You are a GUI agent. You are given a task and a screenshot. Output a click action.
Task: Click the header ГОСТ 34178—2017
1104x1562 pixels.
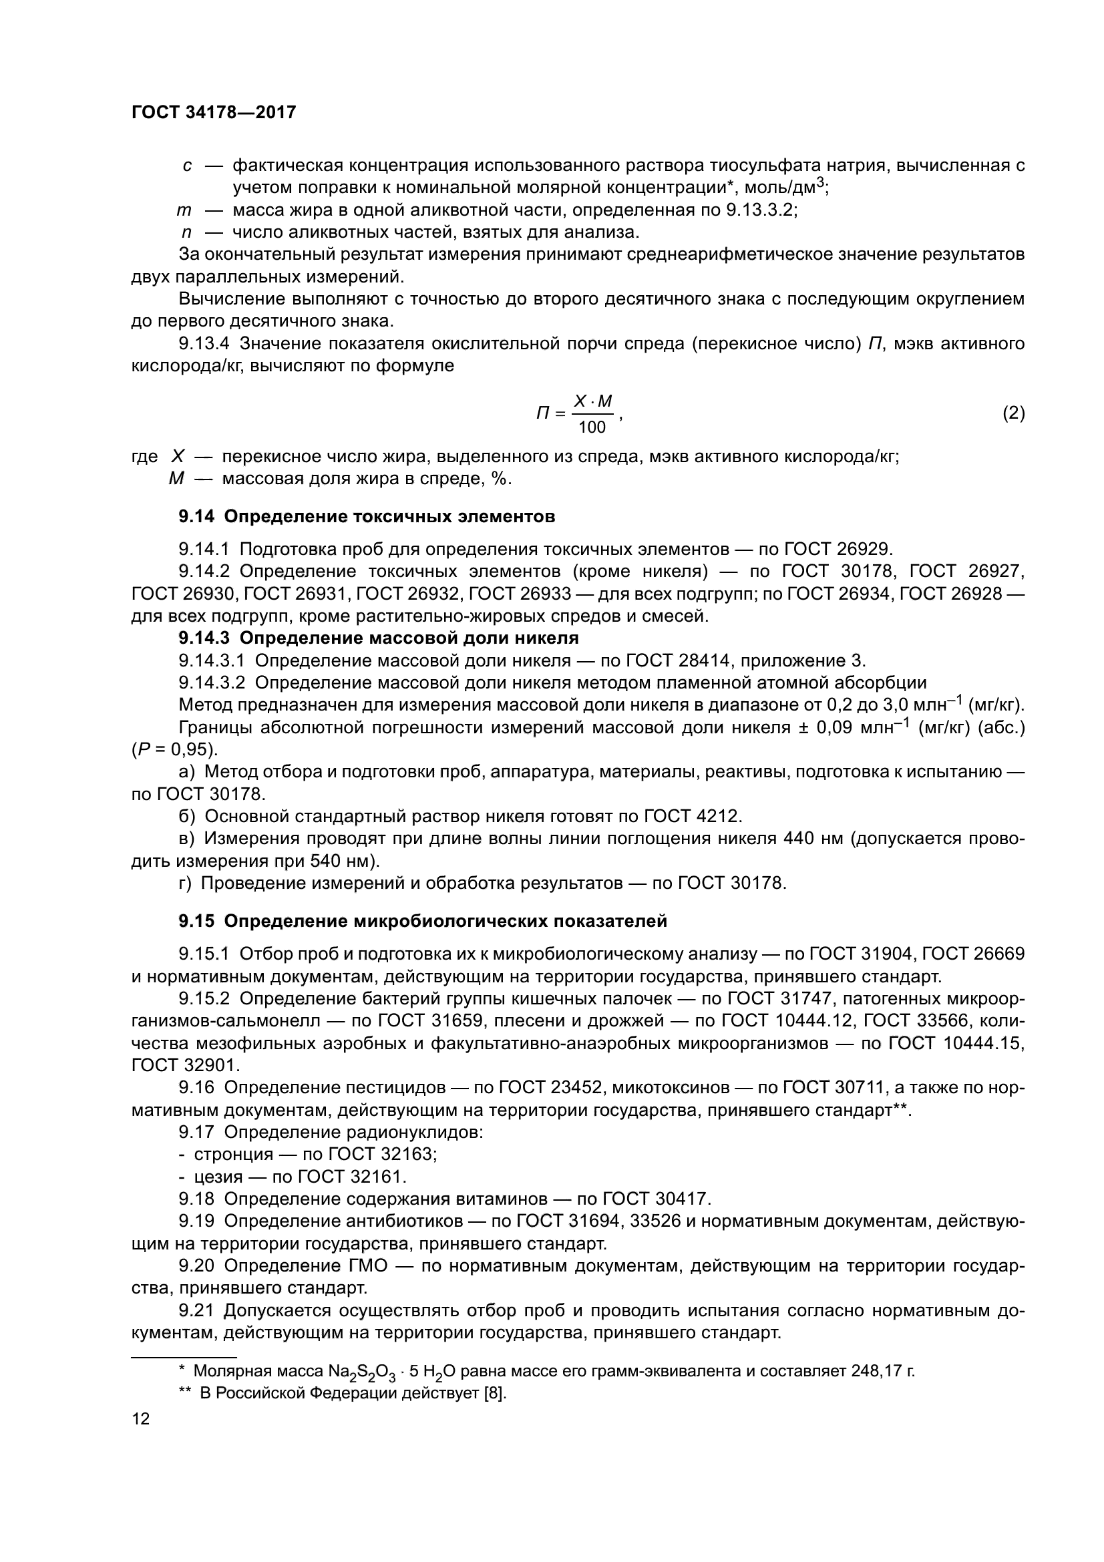(214, 112)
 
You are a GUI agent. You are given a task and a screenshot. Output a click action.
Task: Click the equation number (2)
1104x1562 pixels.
(1014, 413)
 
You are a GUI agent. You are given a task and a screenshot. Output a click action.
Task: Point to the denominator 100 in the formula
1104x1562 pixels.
(591, 427)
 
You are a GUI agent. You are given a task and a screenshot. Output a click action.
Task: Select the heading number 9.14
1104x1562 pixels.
(196, 516)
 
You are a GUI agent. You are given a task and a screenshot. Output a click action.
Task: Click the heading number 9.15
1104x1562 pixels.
(196, 921)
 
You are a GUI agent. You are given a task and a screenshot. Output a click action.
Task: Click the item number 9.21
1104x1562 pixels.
(197, 1310)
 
